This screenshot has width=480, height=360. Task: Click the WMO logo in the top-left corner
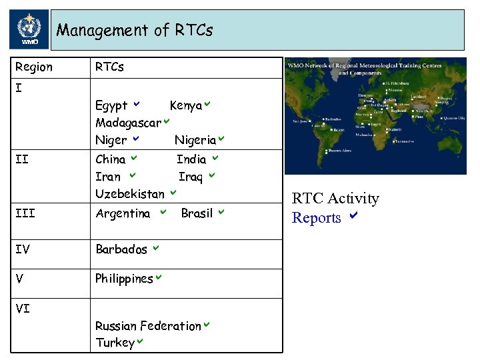[x=29, y=30]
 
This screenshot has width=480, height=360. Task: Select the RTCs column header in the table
[x=109, y=67]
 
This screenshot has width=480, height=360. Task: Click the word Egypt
[x=111, y=106]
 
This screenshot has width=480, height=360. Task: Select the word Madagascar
[x=128, y=123]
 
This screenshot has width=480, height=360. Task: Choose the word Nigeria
[x=195, y=140]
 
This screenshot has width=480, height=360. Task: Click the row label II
[x=21, y=159]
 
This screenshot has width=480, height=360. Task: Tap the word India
[x=191, y=159]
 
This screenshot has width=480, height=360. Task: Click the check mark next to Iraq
[x=211, y=176]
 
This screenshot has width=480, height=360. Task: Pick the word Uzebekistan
[x=129, y=194]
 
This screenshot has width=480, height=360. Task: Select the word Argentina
[x=123, y=213]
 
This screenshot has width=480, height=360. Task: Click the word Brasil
[x=197, y=213]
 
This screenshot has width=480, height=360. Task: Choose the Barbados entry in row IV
[x=121, y=249]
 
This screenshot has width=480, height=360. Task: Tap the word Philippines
[x=124, y=279]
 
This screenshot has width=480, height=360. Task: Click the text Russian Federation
[x=148, y=326]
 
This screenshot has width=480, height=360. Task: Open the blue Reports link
[x=317, y=218]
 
